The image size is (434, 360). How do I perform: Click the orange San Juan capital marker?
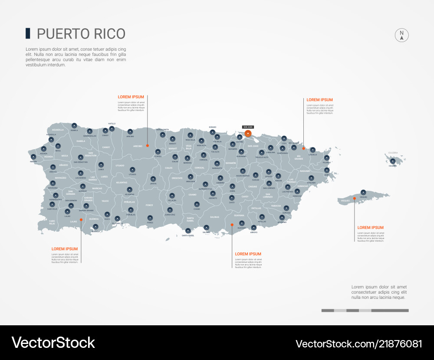[x=248, y=134]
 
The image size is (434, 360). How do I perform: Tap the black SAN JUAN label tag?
[x=248, y=127]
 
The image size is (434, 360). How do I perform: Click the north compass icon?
[x=402, y=35]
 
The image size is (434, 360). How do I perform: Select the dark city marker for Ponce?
[x=150, y=218]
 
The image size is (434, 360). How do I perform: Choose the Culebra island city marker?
[x=393, y=161]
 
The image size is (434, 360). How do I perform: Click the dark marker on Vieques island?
[x=363, y=192]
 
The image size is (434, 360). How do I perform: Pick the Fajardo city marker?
[x=326, y=158]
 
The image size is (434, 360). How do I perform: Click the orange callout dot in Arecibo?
[x=147, y=146]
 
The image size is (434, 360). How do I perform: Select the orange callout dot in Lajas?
[x=81, y=220]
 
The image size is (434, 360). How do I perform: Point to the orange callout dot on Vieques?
[x=354, y=198]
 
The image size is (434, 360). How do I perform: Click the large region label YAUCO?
[x=105, y=201]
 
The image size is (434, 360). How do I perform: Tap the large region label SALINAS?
[x=214, y=216]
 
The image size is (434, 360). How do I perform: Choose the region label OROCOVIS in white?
[x=177, y=178]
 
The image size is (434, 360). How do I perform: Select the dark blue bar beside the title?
[x=28, y=33]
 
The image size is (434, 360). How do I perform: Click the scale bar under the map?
[x=365, y=311]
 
